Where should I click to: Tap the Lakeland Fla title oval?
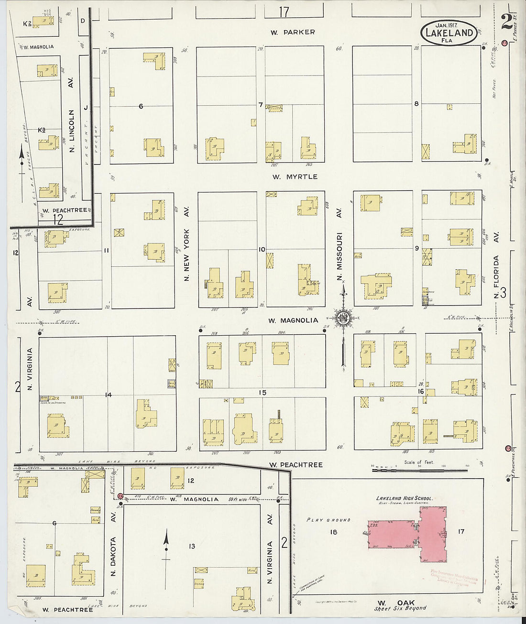coord(449,33)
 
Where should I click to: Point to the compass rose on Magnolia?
coord(343,318)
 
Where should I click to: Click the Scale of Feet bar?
coord(419,470)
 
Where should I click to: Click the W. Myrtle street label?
coord(295,177)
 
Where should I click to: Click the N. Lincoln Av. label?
coord(72,131)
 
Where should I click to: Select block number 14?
coord(109,395)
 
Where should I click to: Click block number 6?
coord(141,106)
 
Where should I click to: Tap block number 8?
coord(416,103)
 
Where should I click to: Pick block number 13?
coord(192,546)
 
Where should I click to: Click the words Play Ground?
coord(329,520)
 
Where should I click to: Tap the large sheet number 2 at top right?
coord(506,22)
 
